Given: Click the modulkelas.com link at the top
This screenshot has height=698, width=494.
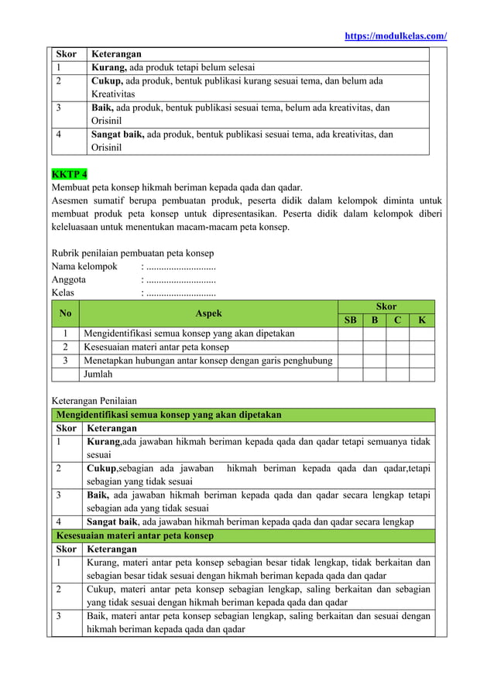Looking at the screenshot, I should (x=395, y=36).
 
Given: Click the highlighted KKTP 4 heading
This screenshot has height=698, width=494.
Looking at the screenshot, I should (x=69, y=172).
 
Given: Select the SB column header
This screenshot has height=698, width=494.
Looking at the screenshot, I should (x=350, y=320).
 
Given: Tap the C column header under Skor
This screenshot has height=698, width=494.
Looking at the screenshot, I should (x=397, y=320).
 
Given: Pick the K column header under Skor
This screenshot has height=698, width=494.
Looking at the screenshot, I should (x=421, y=320).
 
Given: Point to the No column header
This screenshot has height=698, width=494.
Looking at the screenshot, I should (x=65, y=313).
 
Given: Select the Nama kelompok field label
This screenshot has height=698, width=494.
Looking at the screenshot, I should (x=84, y=267).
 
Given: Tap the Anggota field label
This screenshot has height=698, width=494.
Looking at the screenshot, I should (x=69, y=280).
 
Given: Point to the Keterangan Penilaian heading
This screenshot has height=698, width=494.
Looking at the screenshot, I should (x=94, y=401).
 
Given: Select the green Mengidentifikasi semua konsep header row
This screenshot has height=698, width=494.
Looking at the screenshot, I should (x=168, y=415).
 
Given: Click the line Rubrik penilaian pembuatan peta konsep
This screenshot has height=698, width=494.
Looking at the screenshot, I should (x=132, y=253).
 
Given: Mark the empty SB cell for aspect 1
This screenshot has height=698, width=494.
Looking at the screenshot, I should (x=350, y=334).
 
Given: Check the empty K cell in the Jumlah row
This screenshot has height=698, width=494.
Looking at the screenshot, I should (x=421, y=375).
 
